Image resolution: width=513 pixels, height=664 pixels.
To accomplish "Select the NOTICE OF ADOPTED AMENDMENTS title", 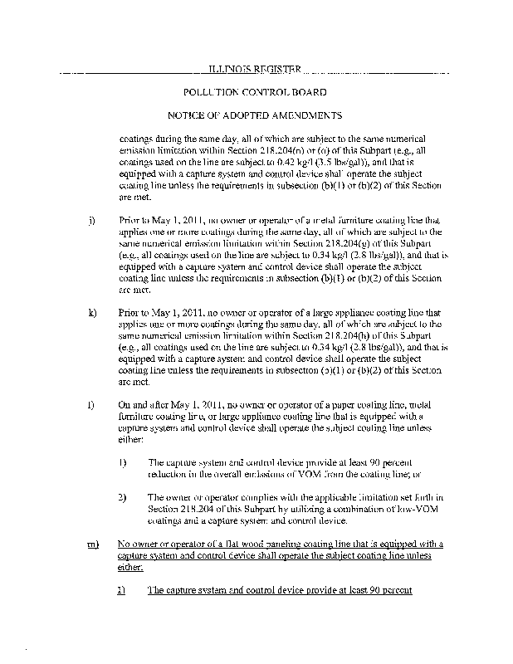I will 255,115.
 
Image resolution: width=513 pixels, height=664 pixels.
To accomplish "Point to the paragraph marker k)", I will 90,313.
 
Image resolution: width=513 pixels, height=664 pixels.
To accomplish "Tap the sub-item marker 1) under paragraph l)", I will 121,461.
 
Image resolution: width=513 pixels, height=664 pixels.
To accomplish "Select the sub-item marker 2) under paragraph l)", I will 121,497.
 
